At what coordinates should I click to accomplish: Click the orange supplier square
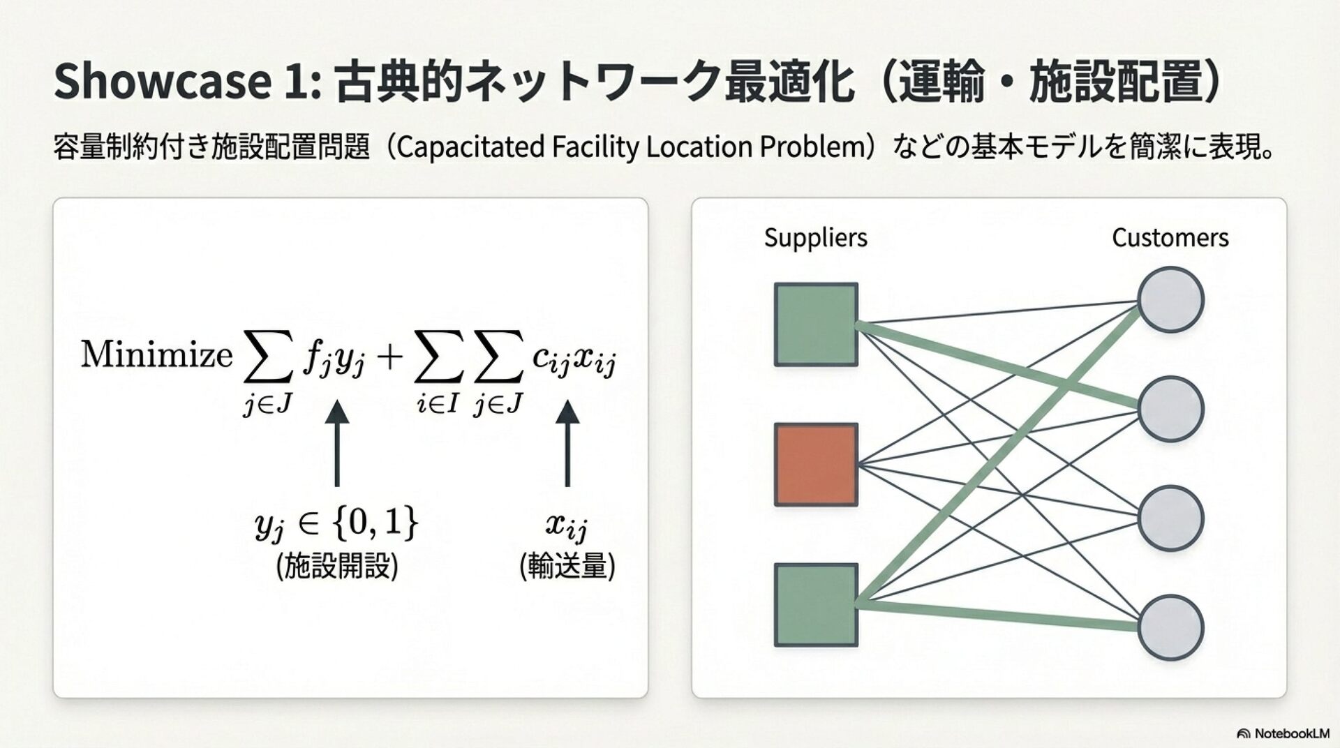(x=816, y=464)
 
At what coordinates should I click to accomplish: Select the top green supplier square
(x=816, y=324)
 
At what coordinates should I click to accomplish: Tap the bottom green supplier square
(x=816, y=605)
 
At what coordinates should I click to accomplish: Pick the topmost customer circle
(x=1170, y=299)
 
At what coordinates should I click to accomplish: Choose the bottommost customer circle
(x=1170, y=627)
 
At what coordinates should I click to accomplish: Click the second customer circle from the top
(x=1170, y=409)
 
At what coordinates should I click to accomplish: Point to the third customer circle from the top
(x=1170, y=518)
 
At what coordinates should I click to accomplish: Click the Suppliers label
(x=815, y=238)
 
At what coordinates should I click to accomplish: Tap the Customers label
(x=1170, y=238)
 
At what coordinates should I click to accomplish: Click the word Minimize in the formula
(x=156, y=354)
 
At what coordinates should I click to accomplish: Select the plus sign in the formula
(x=389, y=357)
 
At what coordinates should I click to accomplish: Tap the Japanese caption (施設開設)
(x=337, y=566)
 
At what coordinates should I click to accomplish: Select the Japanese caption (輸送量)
(x=567, y=566)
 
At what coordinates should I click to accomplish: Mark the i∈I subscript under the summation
(x=437, y=403)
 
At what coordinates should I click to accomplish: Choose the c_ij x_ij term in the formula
(x=574, y=359)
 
